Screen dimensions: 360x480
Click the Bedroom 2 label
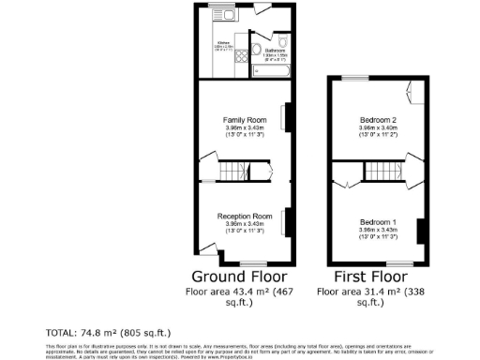380,121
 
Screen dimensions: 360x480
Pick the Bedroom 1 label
380,221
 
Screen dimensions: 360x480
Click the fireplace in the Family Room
287,116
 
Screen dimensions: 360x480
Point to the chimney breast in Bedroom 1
421,231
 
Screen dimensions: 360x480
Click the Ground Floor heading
239,277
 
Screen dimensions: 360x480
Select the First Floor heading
372,277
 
